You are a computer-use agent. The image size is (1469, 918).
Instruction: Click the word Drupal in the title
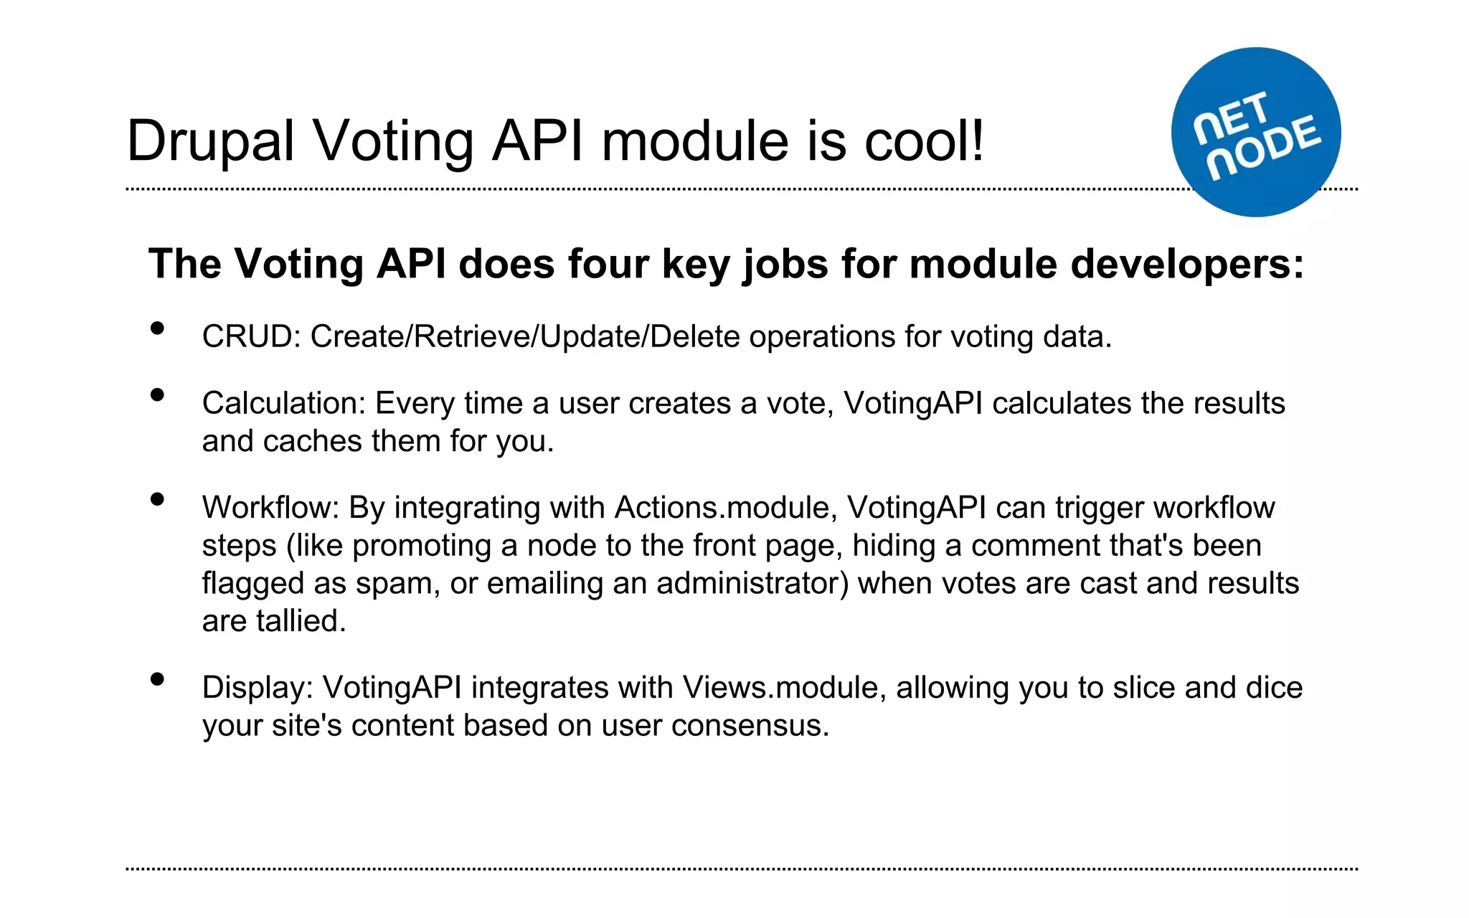click(210, 141)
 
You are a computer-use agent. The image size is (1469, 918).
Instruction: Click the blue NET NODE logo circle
click(1256, 132)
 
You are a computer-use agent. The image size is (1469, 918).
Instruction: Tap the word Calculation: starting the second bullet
click(284, 403)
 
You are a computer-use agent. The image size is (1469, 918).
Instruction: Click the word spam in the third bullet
click(397, 584)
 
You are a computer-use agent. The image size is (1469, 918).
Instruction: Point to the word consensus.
click(750, 726)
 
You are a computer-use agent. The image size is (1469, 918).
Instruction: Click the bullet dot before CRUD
click(158, 328)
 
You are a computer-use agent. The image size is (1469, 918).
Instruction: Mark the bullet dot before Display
click(158, 679)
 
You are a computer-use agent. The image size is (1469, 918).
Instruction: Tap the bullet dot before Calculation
click(158, 395)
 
